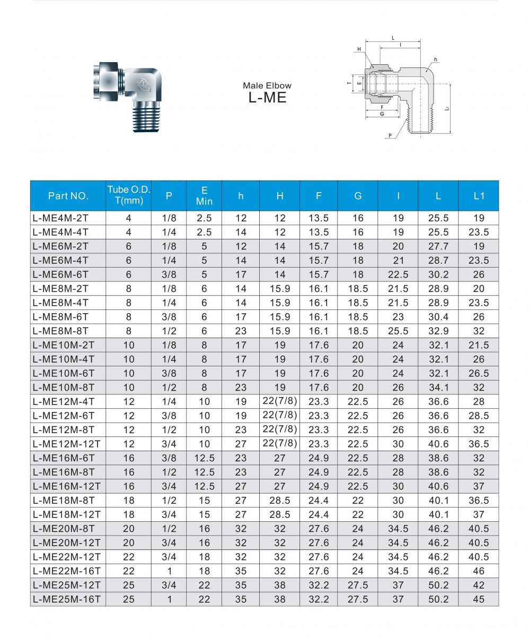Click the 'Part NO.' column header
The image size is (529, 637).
[68, 195]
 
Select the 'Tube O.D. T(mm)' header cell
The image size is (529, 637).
[129, 195]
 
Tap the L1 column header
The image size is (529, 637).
[479, 195]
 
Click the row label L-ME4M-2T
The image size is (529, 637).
[60, 218]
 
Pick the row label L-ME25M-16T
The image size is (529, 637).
[66, 599]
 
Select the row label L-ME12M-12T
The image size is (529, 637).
[66, 444]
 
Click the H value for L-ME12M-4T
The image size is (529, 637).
[280, 401]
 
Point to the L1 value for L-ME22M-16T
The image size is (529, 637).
[479, 571]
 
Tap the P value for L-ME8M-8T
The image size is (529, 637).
[169, 331]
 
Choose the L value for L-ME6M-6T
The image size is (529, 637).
[438, 274]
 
